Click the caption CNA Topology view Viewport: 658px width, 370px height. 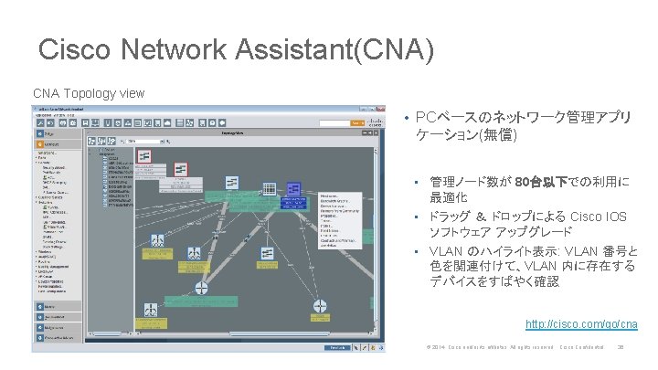pos(89,93)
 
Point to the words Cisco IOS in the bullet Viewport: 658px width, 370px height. pos(599,217)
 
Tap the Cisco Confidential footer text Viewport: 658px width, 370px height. pos(582,347)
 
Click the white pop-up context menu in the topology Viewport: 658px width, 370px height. pos(340,220)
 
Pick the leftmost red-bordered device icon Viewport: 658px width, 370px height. pos(145,157)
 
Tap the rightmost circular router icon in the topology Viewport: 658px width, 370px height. pos(319,307)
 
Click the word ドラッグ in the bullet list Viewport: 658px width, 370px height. pos(451,217)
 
